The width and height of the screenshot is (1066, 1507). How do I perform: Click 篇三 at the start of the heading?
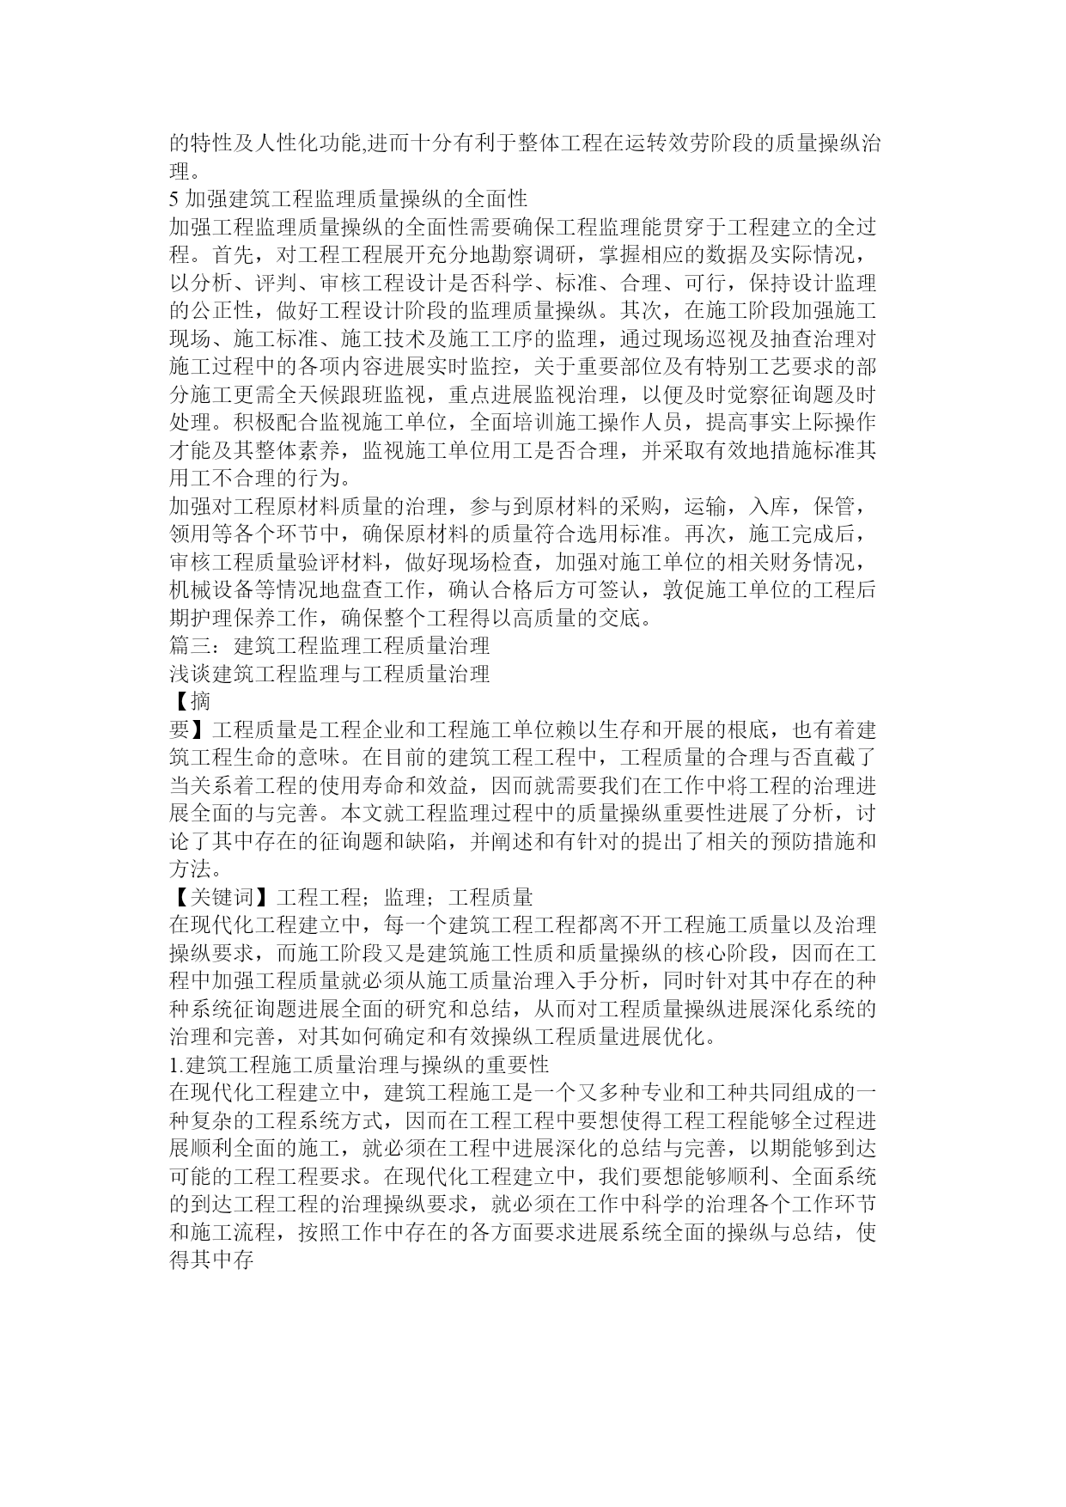pos(190,645)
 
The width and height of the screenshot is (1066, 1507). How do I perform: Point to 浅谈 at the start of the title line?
pos(190,674)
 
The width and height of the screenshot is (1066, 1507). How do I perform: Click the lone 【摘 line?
pos(190,701)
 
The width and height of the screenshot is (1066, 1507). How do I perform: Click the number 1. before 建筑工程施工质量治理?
pos(177,1065)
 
